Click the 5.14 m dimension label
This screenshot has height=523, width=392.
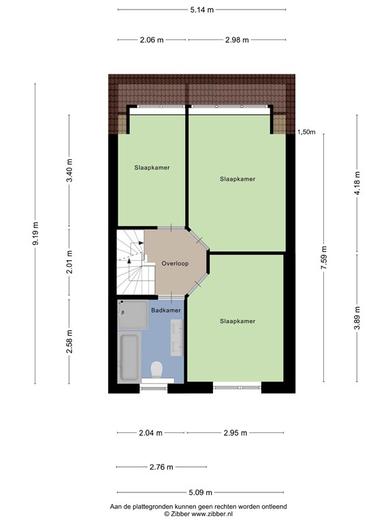pos(201,10)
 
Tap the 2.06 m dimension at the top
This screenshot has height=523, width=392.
pos(151,39)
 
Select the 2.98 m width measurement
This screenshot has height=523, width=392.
pos(236,39)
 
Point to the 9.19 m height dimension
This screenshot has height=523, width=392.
pos(35,232)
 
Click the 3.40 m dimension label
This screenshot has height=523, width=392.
pos(69,170)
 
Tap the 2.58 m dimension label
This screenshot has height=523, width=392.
pos(69,338)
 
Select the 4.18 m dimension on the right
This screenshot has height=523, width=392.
pos(357,183)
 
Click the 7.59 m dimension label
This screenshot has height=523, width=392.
pos(325,258)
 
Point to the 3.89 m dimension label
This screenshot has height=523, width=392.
pos(357,318)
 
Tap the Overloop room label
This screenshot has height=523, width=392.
pos(175,264)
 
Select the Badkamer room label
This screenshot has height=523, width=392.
pos(166,311)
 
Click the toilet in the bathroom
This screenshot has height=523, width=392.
pos(157,370)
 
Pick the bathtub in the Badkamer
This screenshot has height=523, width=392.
pos(129,357)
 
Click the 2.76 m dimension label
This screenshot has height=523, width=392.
pos(161,467)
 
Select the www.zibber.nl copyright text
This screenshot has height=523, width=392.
pos(199,515)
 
